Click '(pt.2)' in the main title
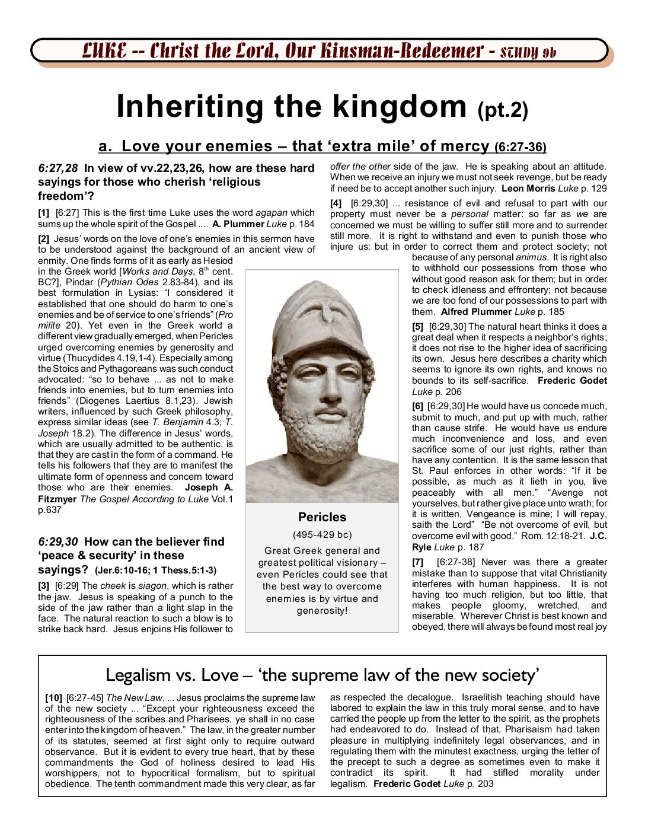coord(502,111)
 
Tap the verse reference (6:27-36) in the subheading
coord(520,147)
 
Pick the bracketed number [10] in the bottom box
coord(53,698)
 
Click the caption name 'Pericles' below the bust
coord(322,517)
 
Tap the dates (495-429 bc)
coord(322,535)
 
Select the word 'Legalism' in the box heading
coord(138,675)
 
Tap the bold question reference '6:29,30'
coord(58,541)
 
